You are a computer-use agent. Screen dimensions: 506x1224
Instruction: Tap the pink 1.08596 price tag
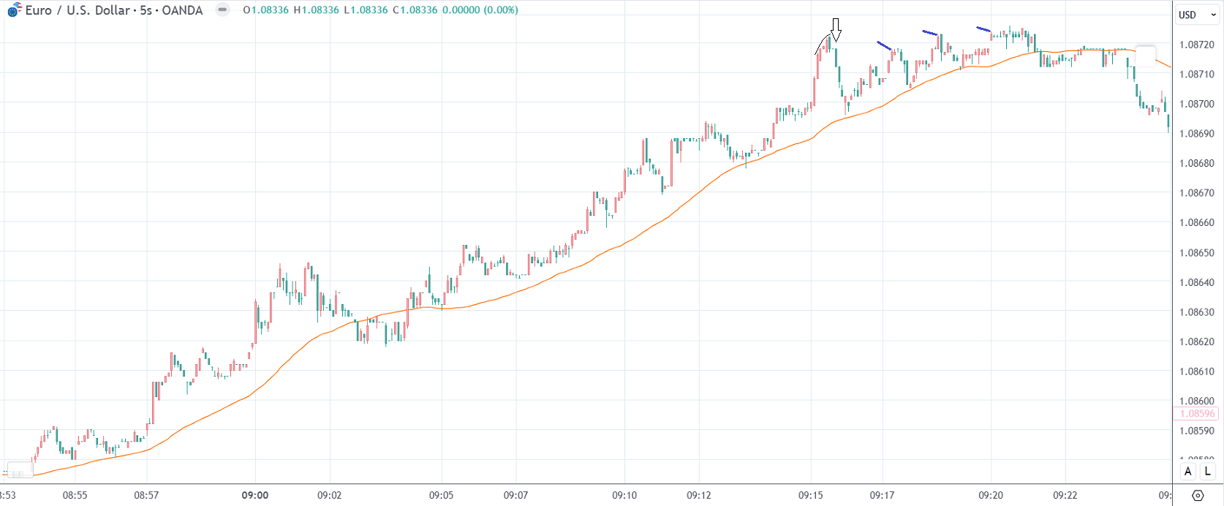click(x=1196, y=414)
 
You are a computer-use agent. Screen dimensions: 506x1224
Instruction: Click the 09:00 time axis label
click(x=255, y=495)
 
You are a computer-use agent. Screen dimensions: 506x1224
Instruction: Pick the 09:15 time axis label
click(x=811, y=495)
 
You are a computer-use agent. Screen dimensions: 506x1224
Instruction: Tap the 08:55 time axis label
click(x=75, y=495)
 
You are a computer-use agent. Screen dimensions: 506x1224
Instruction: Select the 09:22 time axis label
click(x=1065, y=495)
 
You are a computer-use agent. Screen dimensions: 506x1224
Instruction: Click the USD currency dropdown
click(x=1197, y=15)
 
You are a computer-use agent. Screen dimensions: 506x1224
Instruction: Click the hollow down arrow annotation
click(x=836, y=29)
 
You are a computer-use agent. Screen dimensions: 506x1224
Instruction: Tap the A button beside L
click(x=1188, y=472)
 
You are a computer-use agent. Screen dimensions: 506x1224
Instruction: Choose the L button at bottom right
click(x=1208, y=472)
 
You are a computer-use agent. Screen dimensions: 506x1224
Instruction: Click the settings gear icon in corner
click(x=1198, y=495)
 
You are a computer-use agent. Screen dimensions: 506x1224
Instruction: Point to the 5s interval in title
click(x=145, y=10)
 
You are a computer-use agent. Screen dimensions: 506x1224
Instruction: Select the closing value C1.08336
click(x=415, y=10)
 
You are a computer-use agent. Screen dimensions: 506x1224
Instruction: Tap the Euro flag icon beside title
click(x=14, y=10)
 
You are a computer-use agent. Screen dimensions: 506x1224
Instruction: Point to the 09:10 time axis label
click(x=624, y=495)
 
